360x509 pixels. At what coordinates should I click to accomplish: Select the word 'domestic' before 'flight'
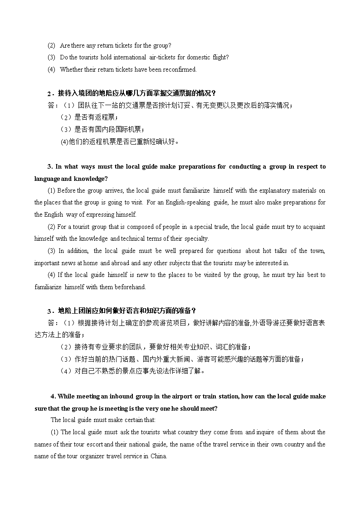point(199,57)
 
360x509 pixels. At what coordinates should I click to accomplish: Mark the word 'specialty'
point(197,238)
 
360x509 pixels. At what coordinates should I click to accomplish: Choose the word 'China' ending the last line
point(158,456)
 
